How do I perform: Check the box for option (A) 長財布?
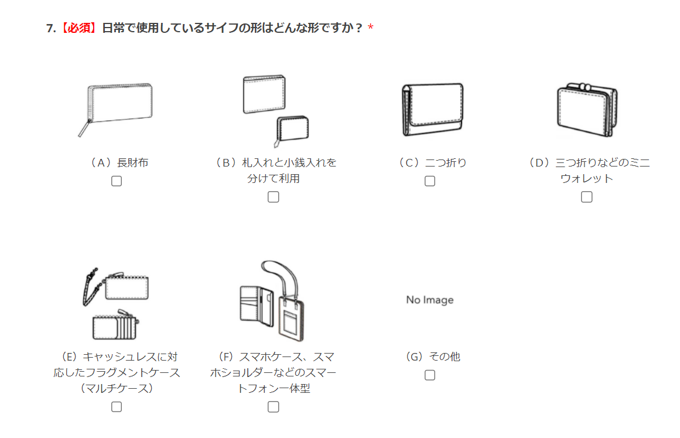click(116, 181)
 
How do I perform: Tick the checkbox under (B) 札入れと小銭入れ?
click(273, 197)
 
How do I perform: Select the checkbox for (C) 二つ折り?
click(430, 181)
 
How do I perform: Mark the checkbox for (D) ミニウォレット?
click(587, 197)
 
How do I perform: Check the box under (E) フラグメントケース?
click(116, 407)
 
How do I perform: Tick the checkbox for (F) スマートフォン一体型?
click(273, 407)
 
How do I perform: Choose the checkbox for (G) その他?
click(430, 375)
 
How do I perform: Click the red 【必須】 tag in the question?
click(78, 28)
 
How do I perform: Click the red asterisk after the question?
click(370, 28)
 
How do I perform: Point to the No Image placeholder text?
click(430, 300)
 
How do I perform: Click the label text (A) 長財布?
click(117, 163)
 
